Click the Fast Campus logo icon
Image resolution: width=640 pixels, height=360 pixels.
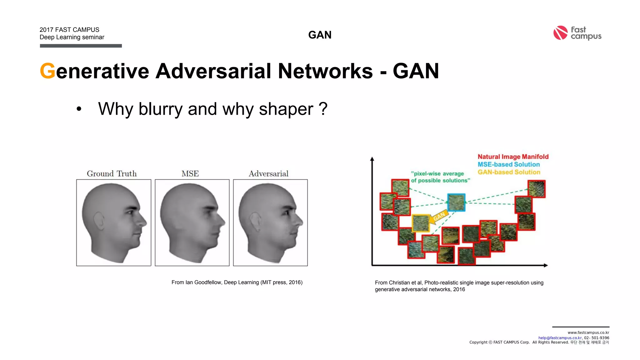click(x=560, y=33)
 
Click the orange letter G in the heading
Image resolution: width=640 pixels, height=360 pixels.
click(x=47, y=71)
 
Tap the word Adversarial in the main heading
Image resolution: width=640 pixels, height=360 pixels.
click(x=213, y=71)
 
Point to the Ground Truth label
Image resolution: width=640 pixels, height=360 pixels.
click(x=112, y=173)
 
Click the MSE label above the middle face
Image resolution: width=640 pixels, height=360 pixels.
click(x=190, y=173)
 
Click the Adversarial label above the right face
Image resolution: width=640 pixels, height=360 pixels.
click(x=268, y=173)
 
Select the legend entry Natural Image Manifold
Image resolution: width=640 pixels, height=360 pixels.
click(x=513, y=157)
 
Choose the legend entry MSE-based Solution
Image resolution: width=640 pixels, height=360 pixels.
click(x=508, y=164)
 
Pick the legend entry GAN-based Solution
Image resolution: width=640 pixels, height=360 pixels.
click(x=509, y=172)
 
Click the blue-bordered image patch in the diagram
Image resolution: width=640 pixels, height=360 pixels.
click(x=456, y=202)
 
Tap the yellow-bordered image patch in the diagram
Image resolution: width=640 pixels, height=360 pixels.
click(x=421, y=223)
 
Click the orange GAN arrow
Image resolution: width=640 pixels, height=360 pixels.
click(x=438, y=217)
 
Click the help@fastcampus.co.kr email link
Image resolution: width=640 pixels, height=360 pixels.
click(x=560, y=338)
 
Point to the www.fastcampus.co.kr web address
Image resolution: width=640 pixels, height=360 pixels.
click(x=588, y=332)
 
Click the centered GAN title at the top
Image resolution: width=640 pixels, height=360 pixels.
click(x=320, y=35)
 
